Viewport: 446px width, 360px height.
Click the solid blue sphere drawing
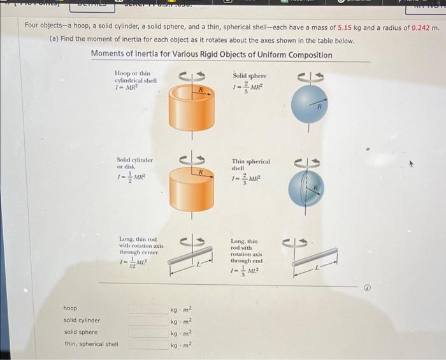(x=309, y=104)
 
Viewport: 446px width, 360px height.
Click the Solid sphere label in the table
(x=250, y=75)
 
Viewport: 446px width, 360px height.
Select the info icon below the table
(x=367, y=288)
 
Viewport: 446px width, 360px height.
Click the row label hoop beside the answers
(x=70, y=308)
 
